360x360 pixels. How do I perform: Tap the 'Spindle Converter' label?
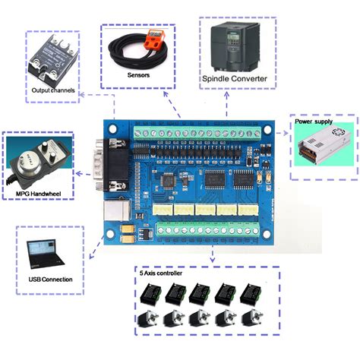(234, 77)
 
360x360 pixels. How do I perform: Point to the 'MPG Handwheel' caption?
(38, 194)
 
